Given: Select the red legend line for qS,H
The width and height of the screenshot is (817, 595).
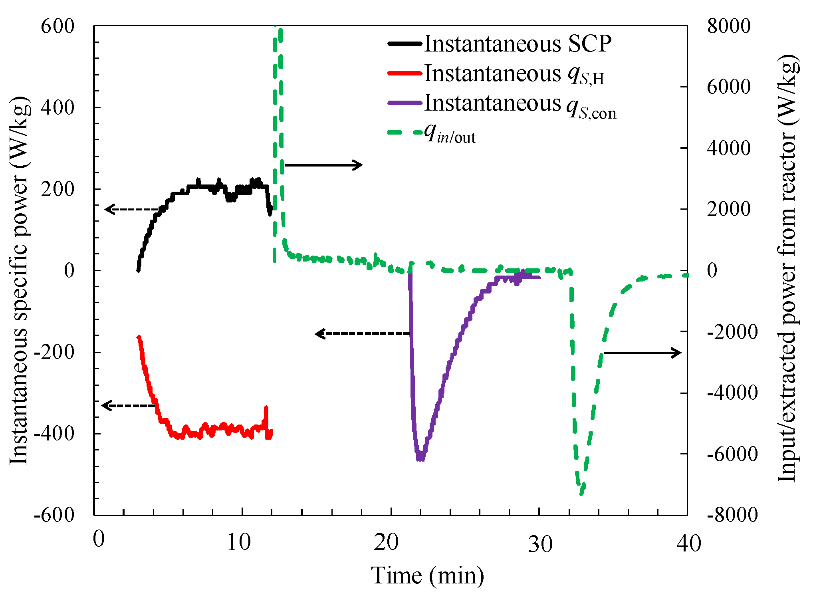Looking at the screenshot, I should coord(404,73).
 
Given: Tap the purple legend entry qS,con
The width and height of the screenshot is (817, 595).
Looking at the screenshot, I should coord(404,103).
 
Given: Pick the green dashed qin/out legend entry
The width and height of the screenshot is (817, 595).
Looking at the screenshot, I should coord(404,133).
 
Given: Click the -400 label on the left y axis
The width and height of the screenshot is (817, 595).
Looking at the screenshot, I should coord(54,434).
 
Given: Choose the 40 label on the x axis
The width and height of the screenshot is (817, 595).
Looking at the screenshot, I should coord(689,543).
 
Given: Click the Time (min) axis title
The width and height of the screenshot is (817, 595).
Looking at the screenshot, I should coord(428,575).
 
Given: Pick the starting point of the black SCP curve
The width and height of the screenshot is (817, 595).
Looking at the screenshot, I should coord(138,270).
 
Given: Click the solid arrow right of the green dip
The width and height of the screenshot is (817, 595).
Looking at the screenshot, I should coord(642,353).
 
